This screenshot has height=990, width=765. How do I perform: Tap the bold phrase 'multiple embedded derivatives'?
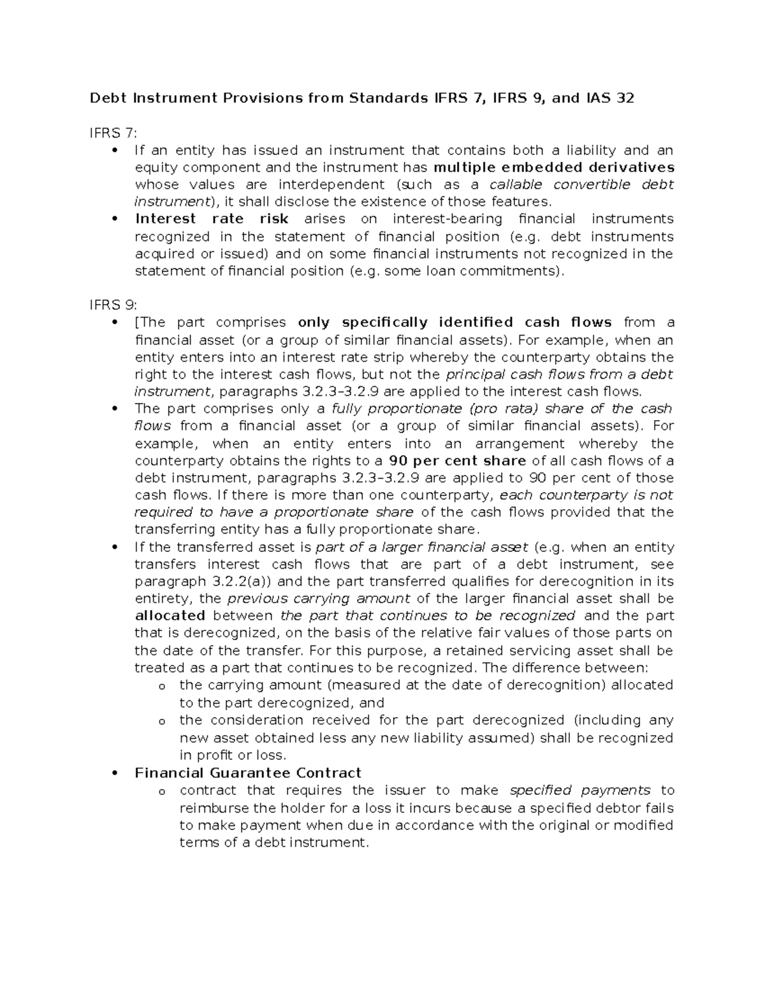[x=553, y=168]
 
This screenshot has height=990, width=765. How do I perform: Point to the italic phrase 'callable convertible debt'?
[x=581, y=185]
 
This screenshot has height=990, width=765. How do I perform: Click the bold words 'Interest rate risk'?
[x=212, y=219]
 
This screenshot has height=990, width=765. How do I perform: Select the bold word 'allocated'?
[x=170, y=616]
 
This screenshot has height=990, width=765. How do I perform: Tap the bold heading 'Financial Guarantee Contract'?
[x=248, y=773]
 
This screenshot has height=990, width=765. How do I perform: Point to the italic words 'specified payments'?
[x=580, y=790]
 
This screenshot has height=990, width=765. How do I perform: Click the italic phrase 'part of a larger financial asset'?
[x=422, y=547]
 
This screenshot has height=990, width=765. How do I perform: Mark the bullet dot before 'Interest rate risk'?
[x=115, y=219]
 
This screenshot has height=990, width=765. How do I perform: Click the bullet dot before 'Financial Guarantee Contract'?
[x=115, y=773]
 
